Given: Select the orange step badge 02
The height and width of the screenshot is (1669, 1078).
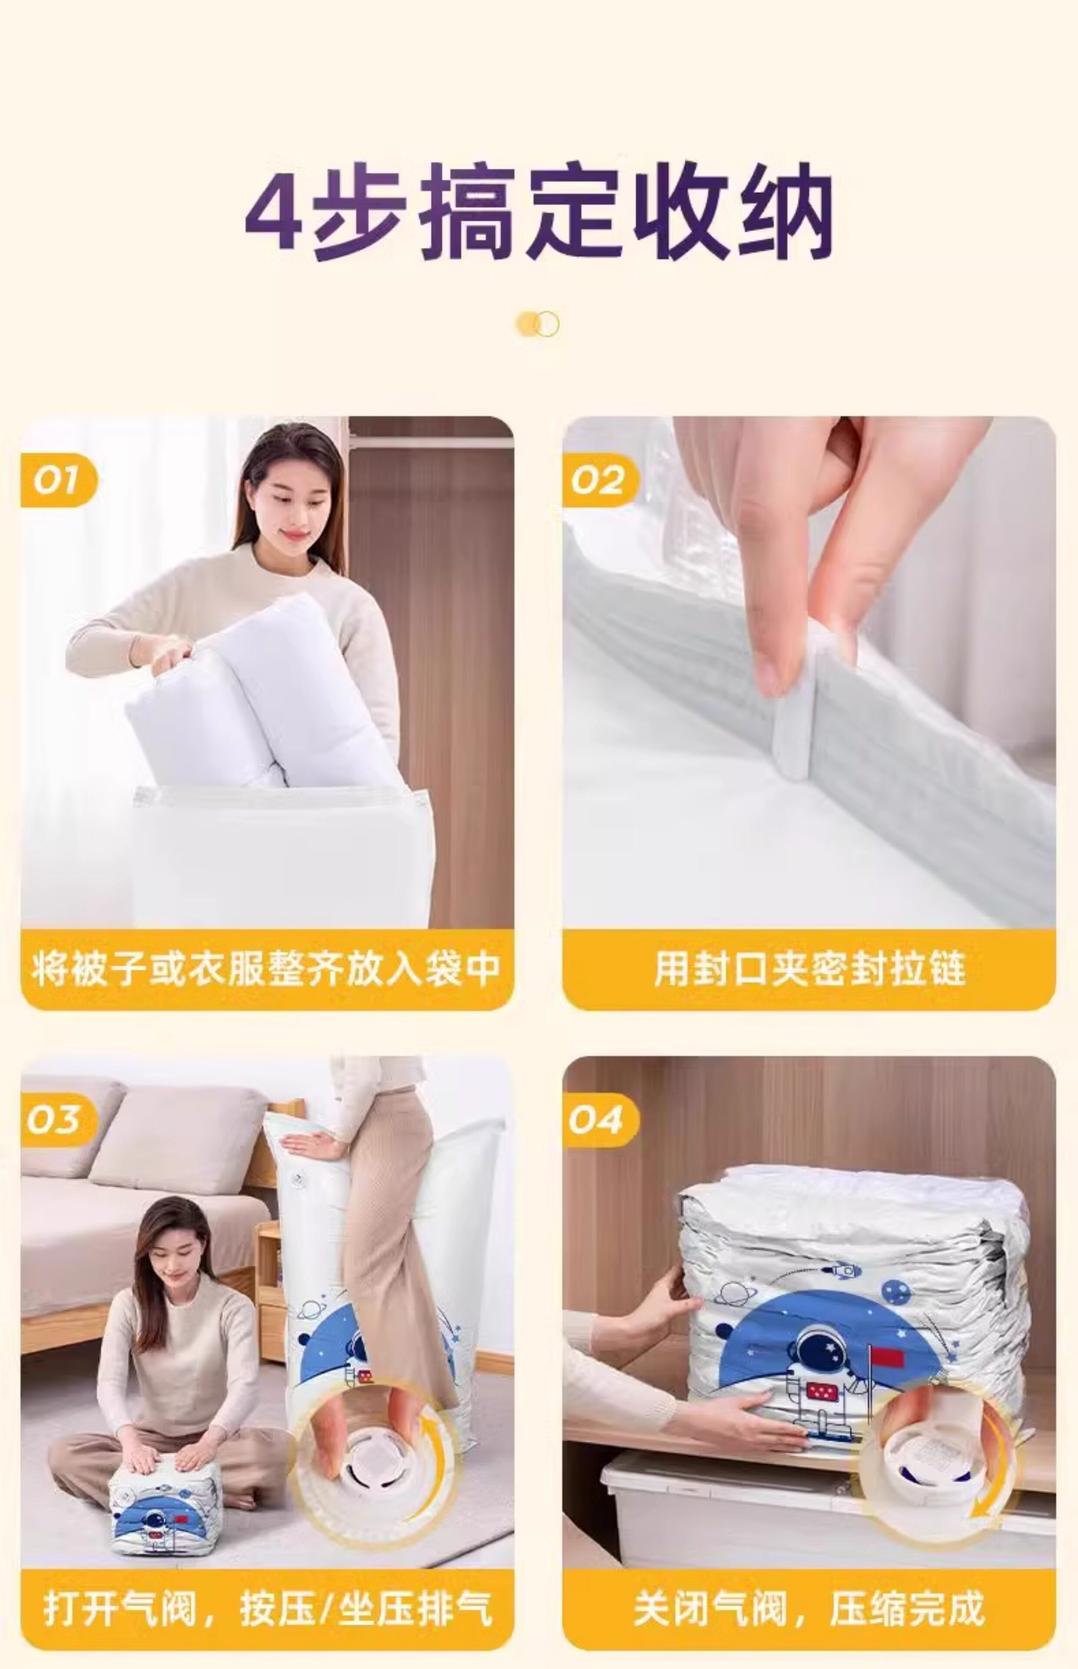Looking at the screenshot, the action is (x=600, y=481).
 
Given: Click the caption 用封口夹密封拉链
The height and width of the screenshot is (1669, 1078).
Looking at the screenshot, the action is (x=809, y=969).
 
